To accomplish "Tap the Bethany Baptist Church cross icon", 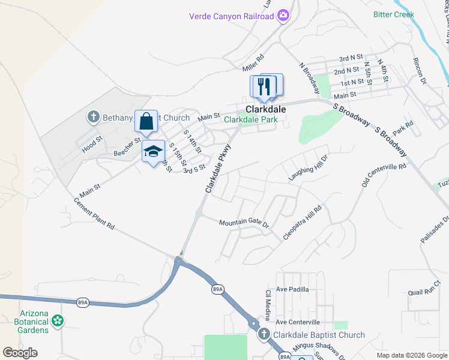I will pos(93,118).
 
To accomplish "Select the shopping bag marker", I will pos(146,121).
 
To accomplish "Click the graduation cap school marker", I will pos(153,151).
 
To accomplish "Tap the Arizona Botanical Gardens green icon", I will pos(58,322).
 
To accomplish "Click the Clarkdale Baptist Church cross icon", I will pos(264,335).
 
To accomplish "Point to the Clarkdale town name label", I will pos(265,110).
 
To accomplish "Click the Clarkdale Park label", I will pos(251,119).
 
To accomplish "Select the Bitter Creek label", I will pos(394,14).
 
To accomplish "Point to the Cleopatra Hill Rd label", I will pos(303,223).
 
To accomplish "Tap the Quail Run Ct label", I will pos(424,292).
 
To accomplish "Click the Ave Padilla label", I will pos(292,289).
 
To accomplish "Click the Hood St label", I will pos(89,145).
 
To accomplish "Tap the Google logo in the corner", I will pos(20,353).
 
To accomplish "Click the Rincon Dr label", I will pos(419,71).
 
